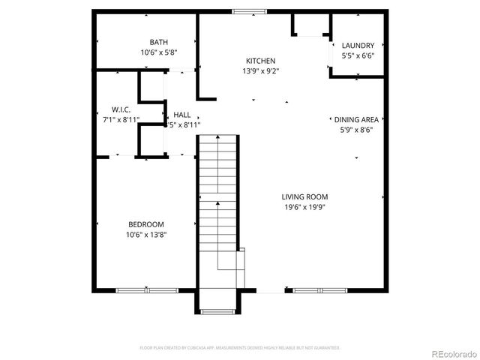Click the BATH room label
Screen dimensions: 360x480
pyautogui.click(x=158, y=42)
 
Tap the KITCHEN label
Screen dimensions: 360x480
pyautogui.click(x=261, y=61)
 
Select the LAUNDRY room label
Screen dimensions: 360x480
pyautogui.click(x=358, y=46)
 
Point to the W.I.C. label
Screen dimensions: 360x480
pyautogui.click(x=121, y=109)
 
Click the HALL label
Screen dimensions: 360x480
pyautogui.click(x=181, y=115)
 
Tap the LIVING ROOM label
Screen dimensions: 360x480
pyautogui.click(x=305, y=196)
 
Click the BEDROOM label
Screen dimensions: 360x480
pyautogui.click(x=145, y=224)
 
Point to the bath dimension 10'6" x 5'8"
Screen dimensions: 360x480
pyautogui.click(x=157, y=52)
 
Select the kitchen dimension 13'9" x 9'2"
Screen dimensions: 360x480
pyautogui.click(x=260, y=71)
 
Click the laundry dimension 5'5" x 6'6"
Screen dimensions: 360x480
pyautogui.click(x=358, y=55)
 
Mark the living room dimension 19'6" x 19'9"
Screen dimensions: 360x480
pyautogui.click(x=304, y=207)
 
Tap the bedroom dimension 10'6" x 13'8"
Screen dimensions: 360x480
pyautogui.click(x=145, y=235)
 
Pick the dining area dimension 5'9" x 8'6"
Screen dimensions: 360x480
pyautogui.click(x=355, y=129)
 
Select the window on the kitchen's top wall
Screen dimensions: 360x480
pyautogui.click(x=249, y=12)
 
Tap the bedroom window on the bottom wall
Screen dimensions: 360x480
pyautogui.click(x=146, y=290)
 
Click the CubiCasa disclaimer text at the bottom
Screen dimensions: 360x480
pyautogui.click(x=240, y=348)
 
